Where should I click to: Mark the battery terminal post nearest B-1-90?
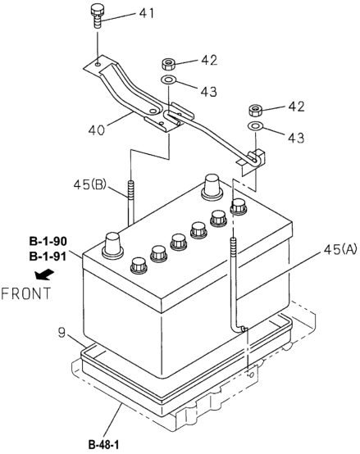[113, 243]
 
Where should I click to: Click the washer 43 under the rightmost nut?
[256, 127]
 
